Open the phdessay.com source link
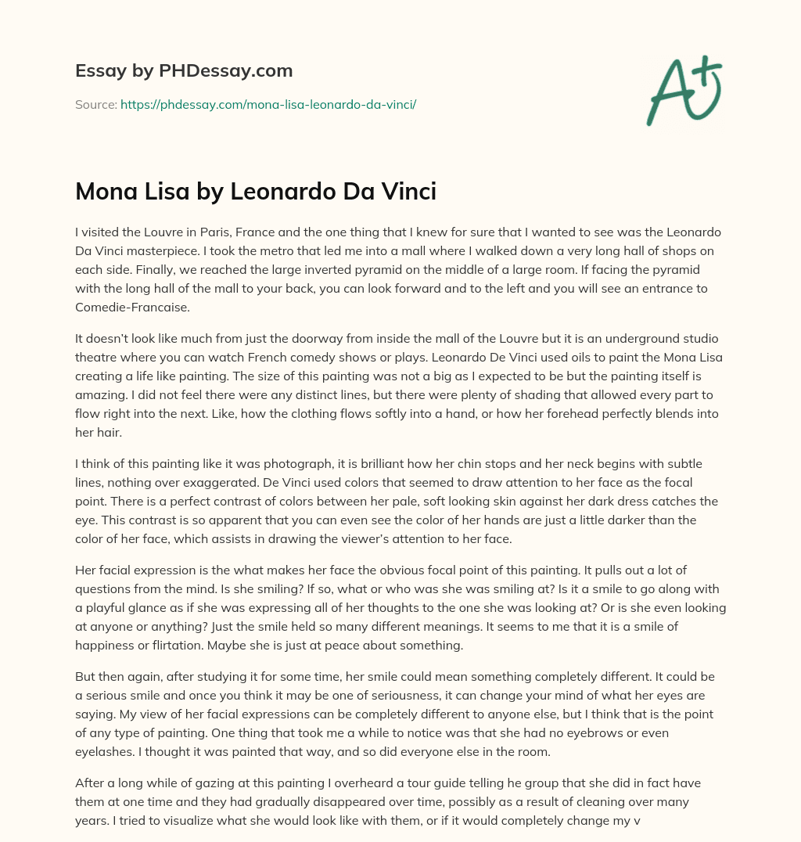coord(268,104)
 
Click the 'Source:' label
coord(96,104)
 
